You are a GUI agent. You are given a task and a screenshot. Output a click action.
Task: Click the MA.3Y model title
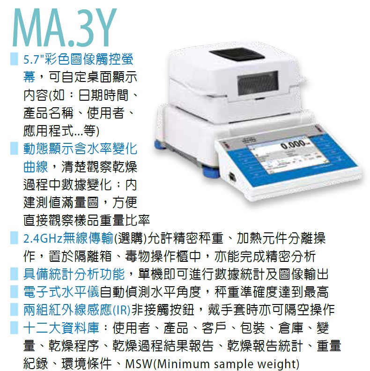(x=64, y=27)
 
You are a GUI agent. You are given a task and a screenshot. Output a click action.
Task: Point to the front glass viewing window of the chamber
(x=258, y=82)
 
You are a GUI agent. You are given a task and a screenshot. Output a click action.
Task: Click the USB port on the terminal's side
(x=233, y=177)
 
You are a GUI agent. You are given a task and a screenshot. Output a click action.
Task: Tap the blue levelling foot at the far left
(x=160, y=145)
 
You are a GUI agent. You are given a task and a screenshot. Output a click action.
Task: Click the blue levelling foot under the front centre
(x=210, y=172)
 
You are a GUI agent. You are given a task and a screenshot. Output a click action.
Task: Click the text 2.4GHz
(x=43, y=238)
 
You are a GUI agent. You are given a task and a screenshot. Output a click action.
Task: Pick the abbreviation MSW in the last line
(x=139, y=364)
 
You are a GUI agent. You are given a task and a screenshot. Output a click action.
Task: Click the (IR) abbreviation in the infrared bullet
(x=121, y=310)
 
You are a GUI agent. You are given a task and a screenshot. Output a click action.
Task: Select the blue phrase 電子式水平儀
(x=61, y=292)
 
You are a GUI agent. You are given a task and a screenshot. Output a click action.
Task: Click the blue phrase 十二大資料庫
(x=61, y=328)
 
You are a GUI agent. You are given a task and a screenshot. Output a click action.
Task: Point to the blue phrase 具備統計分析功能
(x=74, y=274)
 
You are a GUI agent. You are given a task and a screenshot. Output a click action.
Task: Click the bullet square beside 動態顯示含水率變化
(x=14, y=148)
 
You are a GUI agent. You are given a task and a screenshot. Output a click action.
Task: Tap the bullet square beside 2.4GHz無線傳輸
(x=14, y=238)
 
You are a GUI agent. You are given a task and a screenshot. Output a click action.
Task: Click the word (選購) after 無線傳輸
(x=130, y=238)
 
